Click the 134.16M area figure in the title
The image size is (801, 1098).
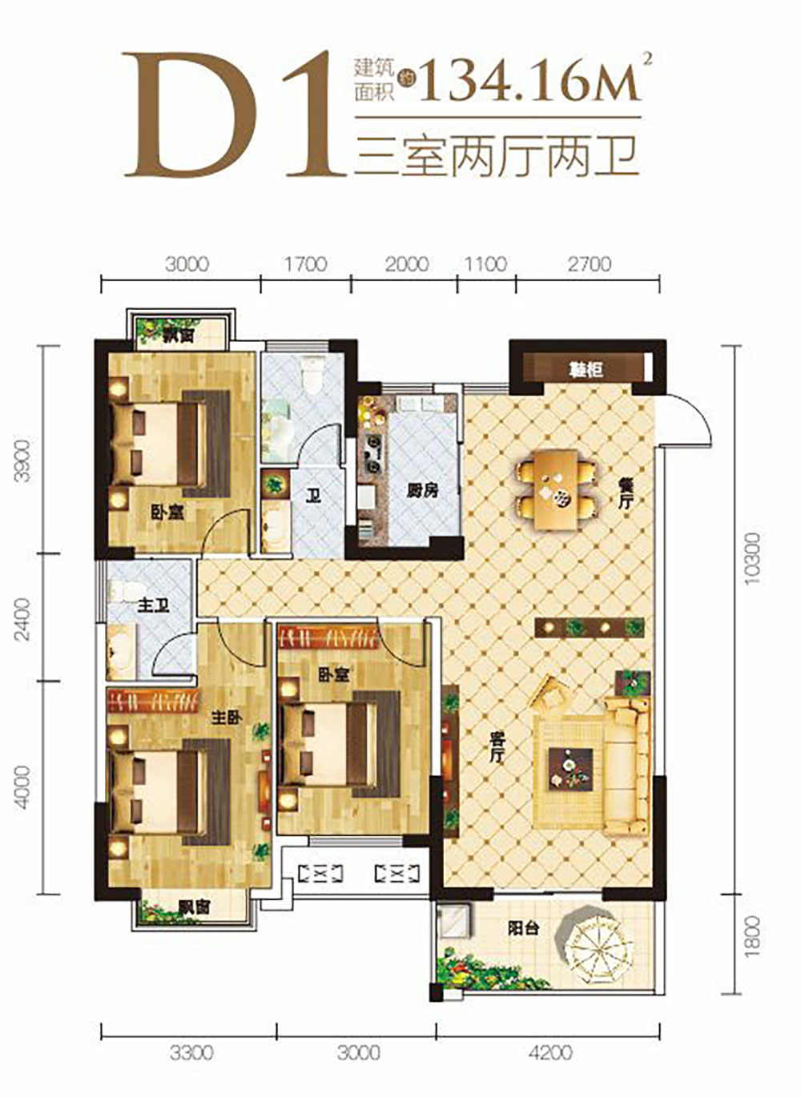pos(529,78)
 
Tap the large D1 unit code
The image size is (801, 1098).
pos(232,115)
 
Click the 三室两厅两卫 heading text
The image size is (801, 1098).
pos(497,156)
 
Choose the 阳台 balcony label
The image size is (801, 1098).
pos(523,929)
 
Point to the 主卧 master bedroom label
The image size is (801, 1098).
pos(226,718)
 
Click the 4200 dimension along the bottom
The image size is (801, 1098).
pos(550,1052)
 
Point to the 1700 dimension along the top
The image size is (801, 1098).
pos(305,263)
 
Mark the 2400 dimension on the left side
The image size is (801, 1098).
pos(24,617)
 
